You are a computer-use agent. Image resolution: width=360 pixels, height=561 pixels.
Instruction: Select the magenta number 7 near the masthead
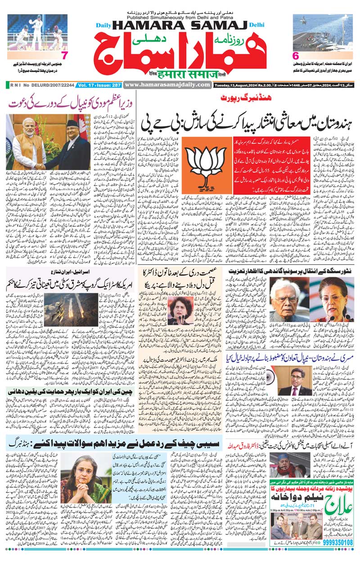click(64, 56)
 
